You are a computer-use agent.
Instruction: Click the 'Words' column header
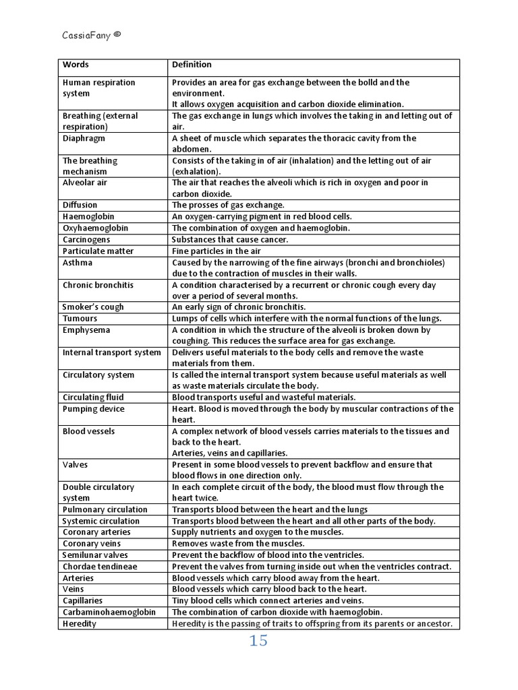click(x=76, y=65)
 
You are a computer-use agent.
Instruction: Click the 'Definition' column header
click(x=192, y=65)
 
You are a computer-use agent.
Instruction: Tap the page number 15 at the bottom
click(x=258, y=641)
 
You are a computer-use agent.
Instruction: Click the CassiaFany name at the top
click(x=86, y=35)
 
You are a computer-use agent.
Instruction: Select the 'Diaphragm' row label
click(x=84, y=138)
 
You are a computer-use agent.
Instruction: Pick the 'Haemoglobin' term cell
click(x=88, y=217)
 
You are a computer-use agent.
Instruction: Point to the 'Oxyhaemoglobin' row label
click(x=95, y=228)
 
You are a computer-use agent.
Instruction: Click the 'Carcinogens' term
click(x=86, y=240)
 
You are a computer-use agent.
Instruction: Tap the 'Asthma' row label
click(x=78, y=263)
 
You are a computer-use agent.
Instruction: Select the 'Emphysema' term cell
click(x=86, y=330)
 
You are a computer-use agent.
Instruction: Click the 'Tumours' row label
click(x=80, y=319)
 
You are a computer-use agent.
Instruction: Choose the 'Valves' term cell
click(x=75, y=465)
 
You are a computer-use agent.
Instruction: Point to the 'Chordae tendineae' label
click(x=100, y=567)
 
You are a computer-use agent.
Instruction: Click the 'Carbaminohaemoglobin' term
click(x=109, y=613)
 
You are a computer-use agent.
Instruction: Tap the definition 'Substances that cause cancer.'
click(x=230, y=240)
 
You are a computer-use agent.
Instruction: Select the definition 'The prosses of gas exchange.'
click(x=228, y=205)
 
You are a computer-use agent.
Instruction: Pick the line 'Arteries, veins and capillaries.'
click(x=229, y=453)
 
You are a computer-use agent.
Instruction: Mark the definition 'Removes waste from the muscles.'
click(x=238, y=544)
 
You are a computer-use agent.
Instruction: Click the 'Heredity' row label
click(x=80, y=624)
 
